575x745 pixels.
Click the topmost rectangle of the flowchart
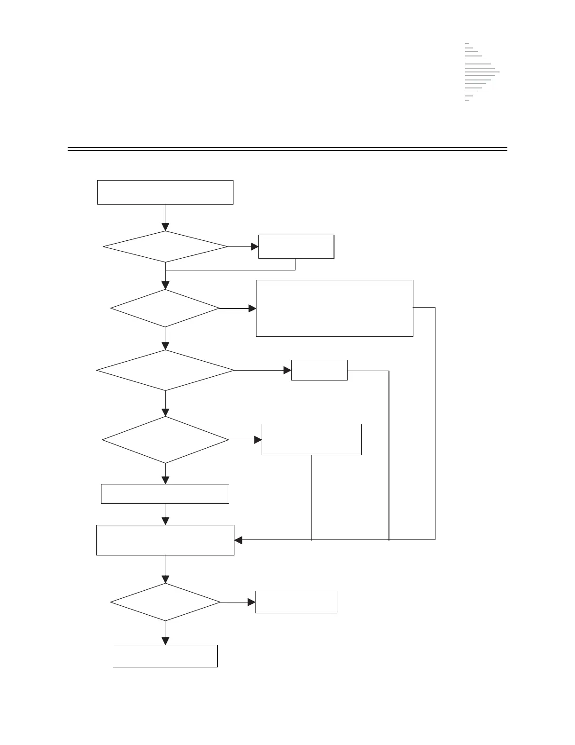pyautogui.click(x=165, y=192)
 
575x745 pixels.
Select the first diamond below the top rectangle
pyautogui.click(x=165, y=246)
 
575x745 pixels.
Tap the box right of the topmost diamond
pyautogui.click(x=296, y=246)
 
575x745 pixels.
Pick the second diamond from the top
pyautogui.click(x=165, y=308)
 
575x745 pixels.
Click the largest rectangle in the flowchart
pyautogui.click(x=334, y=308)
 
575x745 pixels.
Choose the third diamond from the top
pyautogui.click(x=165, y=370)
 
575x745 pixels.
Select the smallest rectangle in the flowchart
pyautogui.click(x=319, y=370)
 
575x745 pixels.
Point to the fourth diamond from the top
pyautogui.click(x=165, y=440)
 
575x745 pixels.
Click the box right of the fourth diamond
pyautogui.click(x=311, y=439)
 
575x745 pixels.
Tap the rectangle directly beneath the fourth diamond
pyautogui.click(x=165, y=494)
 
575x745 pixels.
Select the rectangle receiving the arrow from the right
pyautogui.click(x=165, y=540)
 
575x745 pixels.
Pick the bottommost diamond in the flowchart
pyautogui.click(x=165, y=602)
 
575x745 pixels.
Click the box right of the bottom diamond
pyautogui.click(x=296, y=602)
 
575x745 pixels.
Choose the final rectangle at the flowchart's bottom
pyautogui.click(x=165, y=656)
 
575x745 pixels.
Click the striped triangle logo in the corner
pyautogui.click(x=479, y=72)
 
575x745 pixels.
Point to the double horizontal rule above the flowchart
pyautogui.click(x=287, y=150)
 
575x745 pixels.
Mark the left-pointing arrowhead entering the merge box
pyautogui.click(x=238, y=540)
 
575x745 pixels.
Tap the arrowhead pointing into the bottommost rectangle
pyautogui.click(x=165, y=641)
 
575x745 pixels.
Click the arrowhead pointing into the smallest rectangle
pyautogui.click(x=287, y=370)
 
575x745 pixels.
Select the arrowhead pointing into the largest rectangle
pyautogui.click(x=252, y=309)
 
